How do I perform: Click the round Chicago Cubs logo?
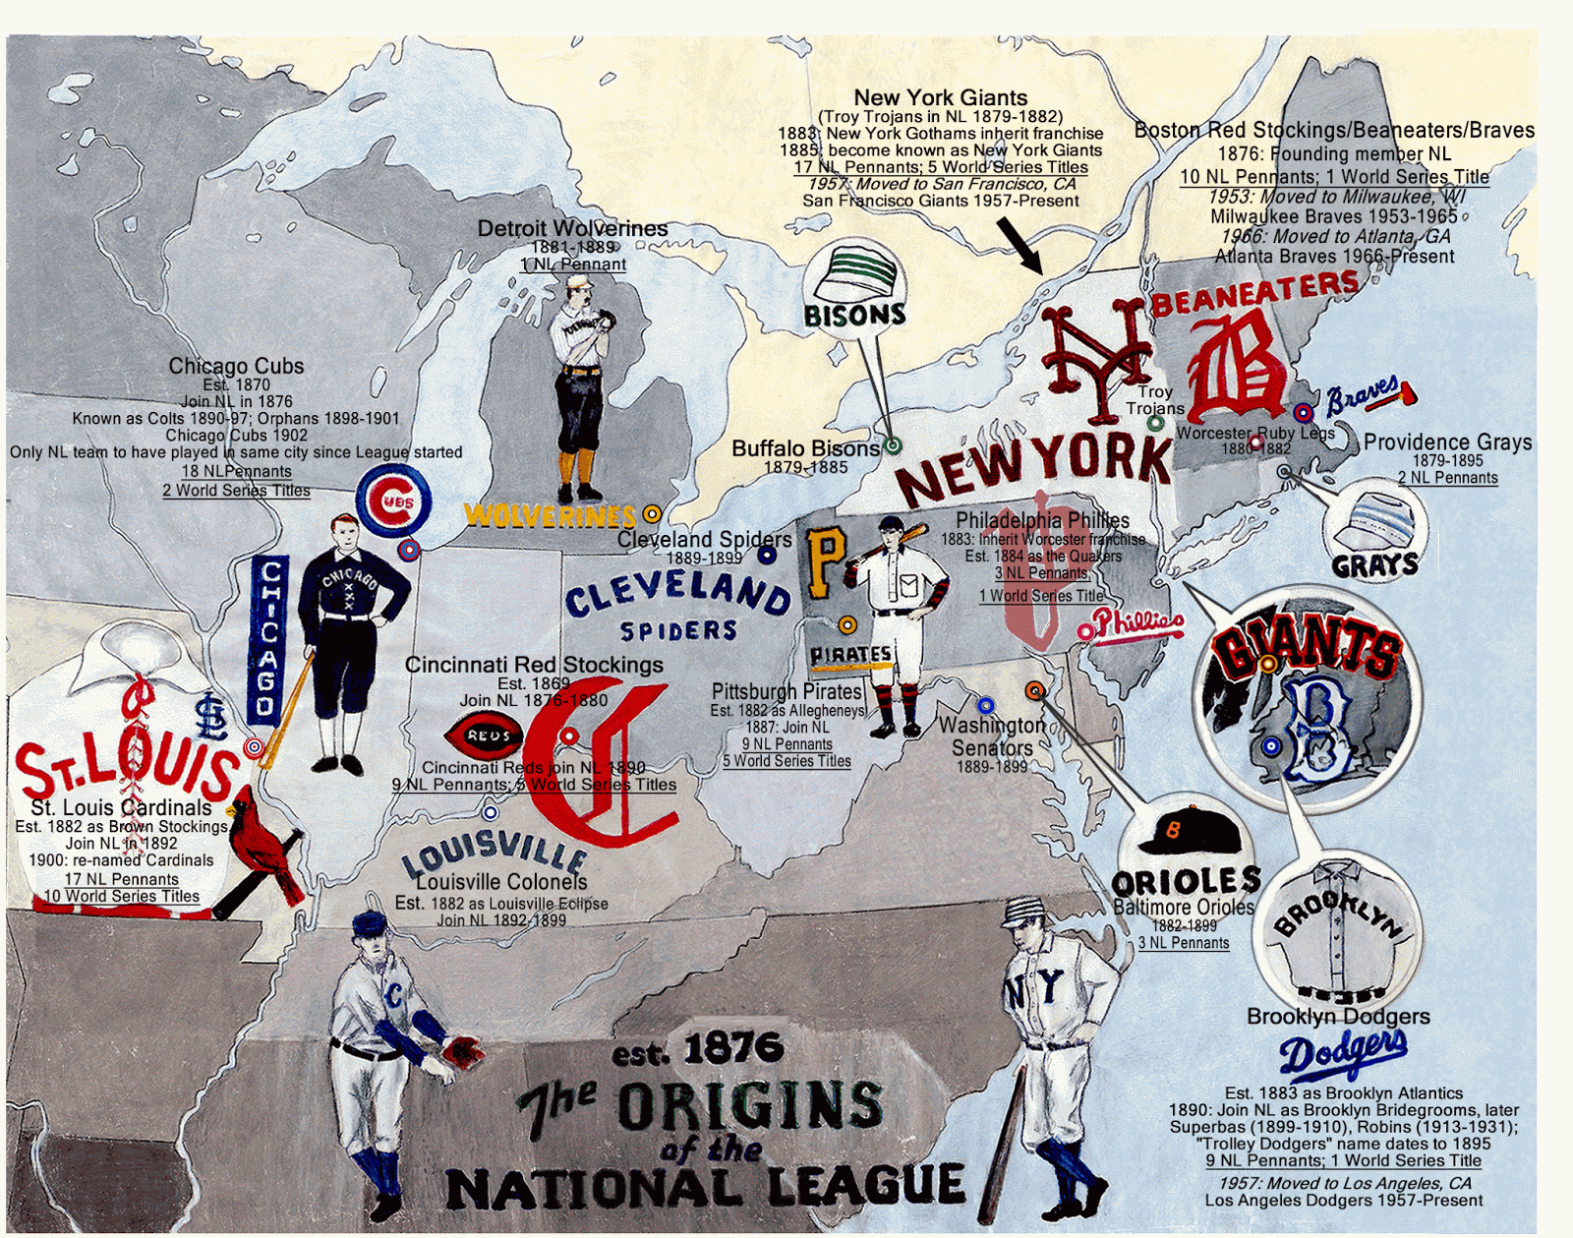point(393,501)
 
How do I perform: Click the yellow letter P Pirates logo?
point(825,561)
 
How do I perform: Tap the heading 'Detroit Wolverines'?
point(572,228)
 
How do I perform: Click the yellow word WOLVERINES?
point(551,514)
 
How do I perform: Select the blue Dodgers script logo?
point(1343,1053)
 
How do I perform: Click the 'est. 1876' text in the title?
point(697,1051)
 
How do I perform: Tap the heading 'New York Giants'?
point(940,97)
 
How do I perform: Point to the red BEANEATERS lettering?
point(1254,292)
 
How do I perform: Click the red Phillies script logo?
point(1136,623)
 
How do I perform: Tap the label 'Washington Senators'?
point(992,737)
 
